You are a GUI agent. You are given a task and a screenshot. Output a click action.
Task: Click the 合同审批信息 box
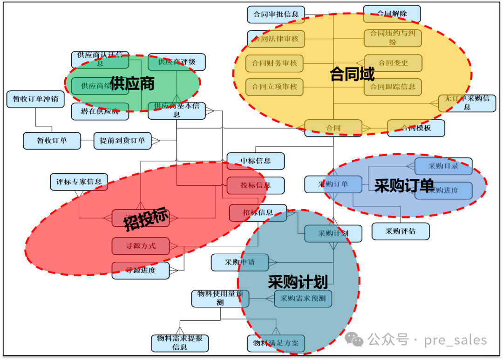click(x=276, y=14)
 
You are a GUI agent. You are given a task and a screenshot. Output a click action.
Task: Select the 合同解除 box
click(x=392, y=14)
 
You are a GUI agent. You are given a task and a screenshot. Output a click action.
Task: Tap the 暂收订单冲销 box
click(x=35, y=99)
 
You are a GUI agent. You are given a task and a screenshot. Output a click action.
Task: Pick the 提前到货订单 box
click(x=122, y=141)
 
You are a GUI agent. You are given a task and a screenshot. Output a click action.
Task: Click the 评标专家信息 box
click(x=79, y=182)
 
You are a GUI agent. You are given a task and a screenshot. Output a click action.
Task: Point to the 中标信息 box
click(x=255, y=161)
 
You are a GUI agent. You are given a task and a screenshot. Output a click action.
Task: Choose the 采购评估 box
click(x=400, y=231)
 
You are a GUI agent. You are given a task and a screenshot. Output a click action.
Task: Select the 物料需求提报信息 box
click(x=180, y=343)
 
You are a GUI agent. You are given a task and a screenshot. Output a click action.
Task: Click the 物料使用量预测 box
click(x=220, y=298)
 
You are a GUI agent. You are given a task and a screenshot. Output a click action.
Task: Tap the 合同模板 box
click(x=416, y=128)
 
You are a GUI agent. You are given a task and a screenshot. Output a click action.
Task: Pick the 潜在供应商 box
click(x=100, y=112)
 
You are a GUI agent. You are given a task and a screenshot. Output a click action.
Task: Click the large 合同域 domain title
click(x=352, y=74)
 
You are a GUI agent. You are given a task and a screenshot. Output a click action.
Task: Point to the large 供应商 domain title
click(x=132, y=84)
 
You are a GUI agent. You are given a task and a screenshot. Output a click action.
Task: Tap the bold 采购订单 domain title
click(x=404, y=185)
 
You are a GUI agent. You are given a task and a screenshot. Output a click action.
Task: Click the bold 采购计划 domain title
click(x=298, y=282)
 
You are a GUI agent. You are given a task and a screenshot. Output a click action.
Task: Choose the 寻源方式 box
click(x=140, y=246)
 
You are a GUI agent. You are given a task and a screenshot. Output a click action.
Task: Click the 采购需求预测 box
click(x=303, y=299)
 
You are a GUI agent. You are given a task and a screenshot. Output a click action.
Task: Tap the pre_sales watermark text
click(x=455, y=340)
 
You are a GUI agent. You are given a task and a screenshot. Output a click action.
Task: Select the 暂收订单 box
click(x=52, y=141)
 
